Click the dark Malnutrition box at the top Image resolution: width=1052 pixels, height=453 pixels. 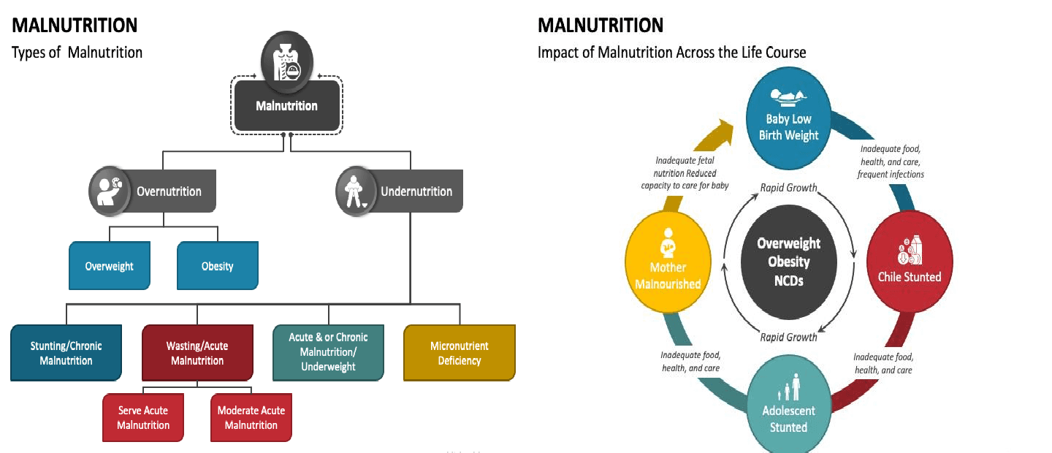[286, 107]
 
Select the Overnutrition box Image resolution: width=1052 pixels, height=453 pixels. [169, 191]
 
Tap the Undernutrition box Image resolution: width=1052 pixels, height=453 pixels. [416, 191]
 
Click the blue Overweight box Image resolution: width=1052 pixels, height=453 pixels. [109, 266]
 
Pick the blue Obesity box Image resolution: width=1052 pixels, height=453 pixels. [217, 266]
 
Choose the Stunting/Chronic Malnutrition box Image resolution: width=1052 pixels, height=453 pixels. [66, 354]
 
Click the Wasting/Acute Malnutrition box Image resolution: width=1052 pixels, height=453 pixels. [197, 354]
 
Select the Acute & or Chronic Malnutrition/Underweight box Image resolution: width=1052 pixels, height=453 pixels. [328, 352]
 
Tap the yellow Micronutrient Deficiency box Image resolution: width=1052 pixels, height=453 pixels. [460, 353]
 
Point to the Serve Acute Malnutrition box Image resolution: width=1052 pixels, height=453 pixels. [143, 418]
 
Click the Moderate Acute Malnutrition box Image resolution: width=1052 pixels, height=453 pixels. [251, 418]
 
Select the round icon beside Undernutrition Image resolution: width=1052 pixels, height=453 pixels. [356, 191]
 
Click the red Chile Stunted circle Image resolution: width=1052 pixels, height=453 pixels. [909, 262]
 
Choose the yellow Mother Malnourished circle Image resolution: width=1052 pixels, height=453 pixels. [668, 262]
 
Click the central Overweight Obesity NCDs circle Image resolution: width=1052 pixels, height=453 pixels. [788, 262]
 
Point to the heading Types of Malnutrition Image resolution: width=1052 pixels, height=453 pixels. [77, 53]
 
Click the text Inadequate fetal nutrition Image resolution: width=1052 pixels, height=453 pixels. [685, 167]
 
